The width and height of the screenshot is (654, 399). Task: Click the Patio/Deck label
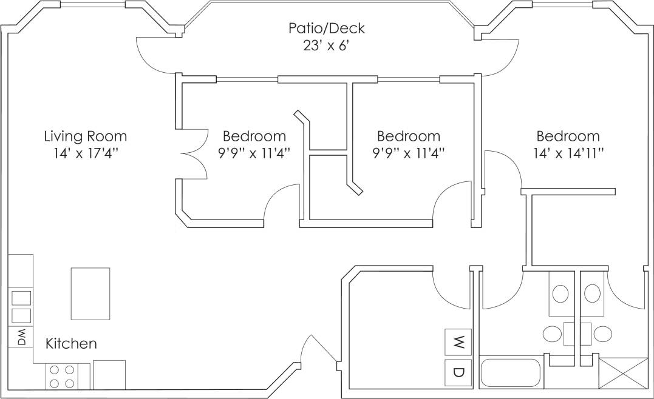(327, 28)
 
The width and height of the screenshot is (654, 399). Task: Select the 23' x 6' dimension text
(327, 46)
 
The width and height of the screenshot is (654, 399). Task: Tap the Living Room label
(85, 136)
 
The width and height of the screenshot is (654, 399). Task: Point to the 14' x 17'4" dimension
(85, 154)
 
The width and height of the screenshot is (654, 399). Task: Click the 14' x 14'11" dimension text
(568, 154)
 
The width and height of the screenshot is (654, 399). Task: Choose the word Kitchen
(71, 344)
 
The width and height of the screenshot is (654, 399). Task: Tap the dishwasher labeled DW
(21, 337)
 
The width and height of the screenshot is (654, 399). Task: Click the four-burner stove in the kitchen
(61, 376)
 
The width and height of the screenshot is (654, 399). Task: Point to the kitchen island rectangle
(90, 293)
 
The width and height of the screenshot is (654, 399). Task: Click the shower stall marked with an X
(623, 373)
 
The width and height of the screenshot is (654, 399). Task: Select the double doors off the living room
(194, 154)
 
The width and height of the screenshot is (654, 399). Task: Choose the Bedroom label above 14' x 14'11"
(568, 136)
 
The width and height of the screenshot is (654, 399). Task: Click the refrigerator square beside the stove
(109, 375)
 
